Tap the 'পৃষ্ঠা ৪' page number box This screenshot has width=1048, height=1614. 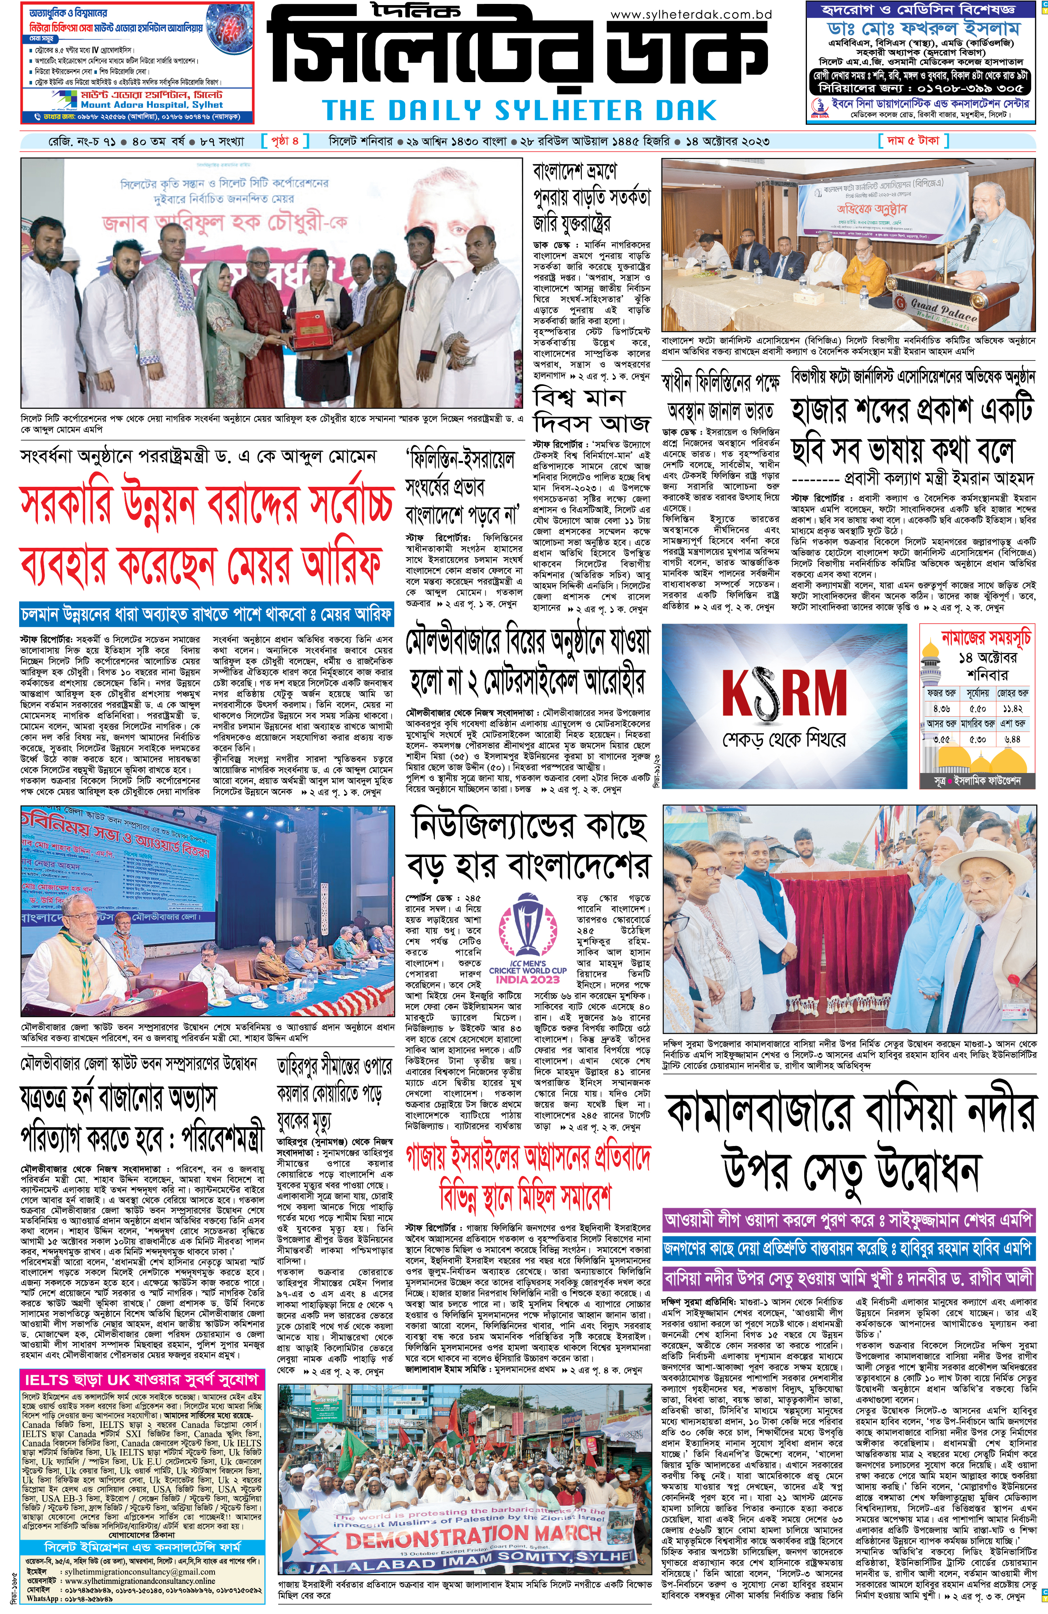click(285, 141)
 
